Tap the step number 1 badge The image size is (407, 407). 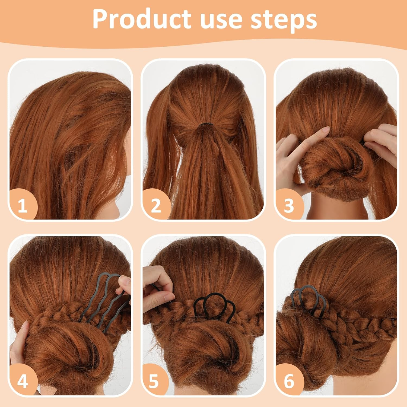23,205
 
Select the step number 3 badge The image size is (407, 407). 289,205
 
